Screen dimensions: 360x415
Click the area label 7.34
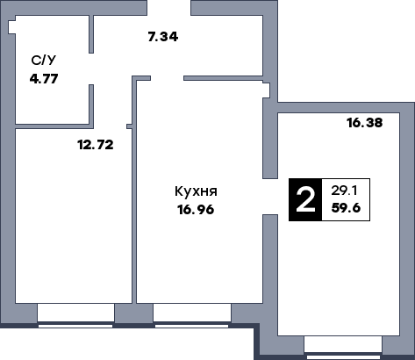pos(163,36)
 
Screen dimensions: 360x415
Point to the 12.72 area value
pos(95,145)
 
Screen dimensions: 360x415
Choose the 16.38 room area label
pos(364,124)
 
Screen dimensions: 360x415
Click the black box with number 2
pos(305,200)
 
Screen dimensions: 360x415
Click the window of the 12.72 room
pos(75,314)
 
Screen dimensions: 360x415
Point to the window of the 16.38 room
pos(343,347)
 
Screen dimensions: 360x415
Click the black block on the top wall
pos(168,8)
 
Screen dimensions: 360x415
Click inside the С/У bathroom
pos(48,97)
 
